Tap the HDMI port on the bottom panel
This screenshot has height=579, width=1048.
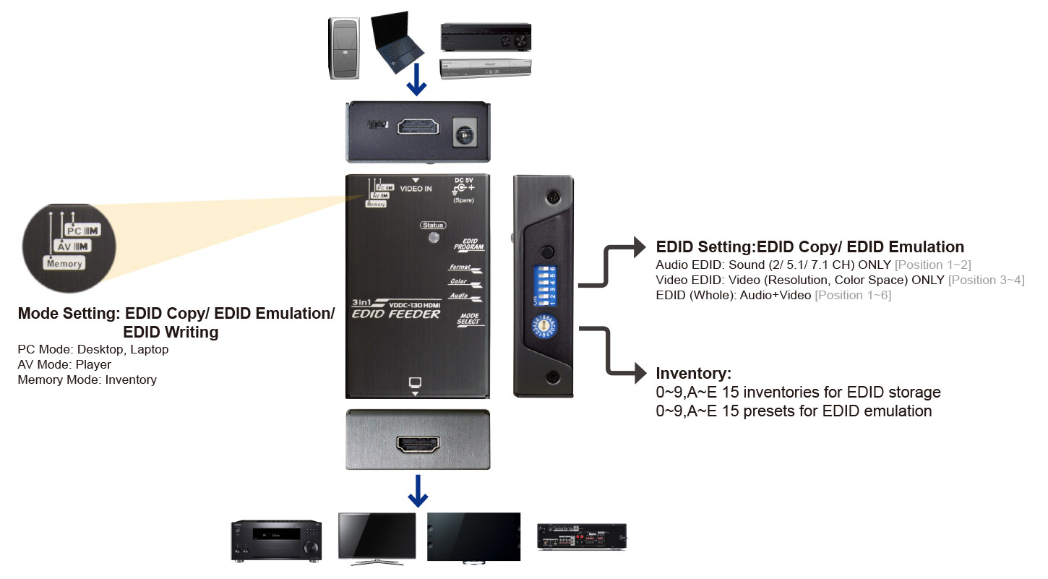(x=418, y=444)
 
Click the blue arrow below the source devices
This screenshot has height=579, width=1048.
(x=416, y=83)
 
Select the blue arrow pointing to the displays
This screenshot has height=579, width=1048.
(x=418, y=492)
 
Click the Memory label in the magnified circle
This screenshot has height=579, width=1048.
(x=64, y=264)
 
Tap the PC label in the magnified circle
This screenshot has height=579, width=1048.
(x=74, y=230)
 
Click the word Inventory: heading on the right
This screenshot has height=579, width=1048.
(x=693, y=374)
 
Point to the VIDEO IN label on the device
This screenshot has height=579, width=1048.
(x=416, y=189)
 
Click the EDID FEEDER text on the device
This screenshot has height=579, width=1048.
(x=395, y=314)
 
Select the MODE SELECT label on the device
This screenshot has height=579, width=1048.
(x=469, y=319)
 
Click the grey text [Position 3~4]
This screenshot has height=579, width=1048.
(x=986, y=280)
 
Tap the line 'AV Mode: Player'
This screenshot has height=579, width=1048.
(x=64, y=364)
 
